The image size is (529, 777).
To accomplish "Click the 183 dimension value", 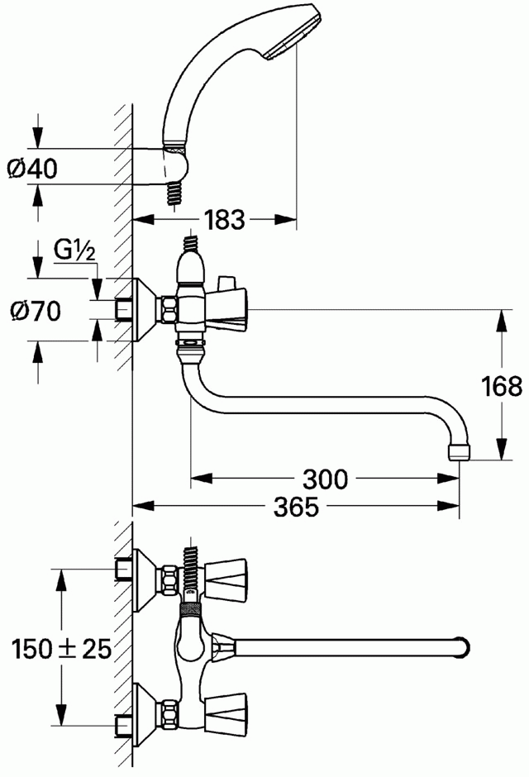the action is (225, 220).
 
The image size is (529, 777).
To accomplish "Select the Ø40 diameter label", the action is (33, 169).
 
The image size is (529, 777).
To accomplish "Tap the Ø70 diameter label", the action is (36, 311).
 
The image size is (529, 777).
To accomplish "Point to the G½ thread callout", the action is (74, 252).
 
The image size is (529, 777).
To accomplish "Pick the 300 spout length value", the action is (326, 479).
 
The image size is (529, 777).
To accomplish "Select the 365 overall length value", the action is (297, 507).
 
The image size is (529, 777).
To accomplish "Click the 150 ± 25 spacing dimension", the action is (61, 649).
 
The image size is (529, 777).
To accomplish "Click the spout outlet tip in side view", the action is (460, 453).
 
